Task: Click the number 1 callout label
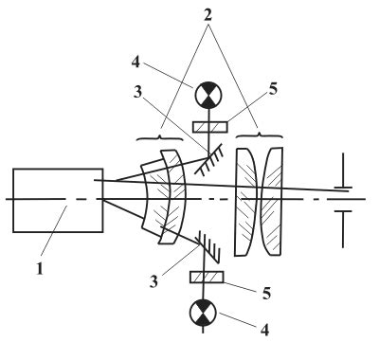pyautogui.click(x=40, y=269)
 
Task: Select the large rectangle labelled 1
pyautogui.click(x=58, y=201)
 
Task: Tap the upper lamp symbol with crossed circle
pyautogui.click(x=208, y=94)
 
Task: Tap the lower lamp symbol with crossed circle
pyautogui.click(x=203, y=313)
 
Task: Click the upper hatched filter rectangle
pyautogui.click(x=210, y=127)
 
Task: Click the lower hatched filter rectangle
pyautogui.click(x=207, y=277)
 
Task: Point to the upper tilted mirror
pyautogui.click(x=209, y=158)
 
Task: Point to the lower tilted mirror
pyautogui.click(x=208, y=247)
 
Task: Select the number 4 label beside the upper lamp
pyautogui.click(x=135, y=63)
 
